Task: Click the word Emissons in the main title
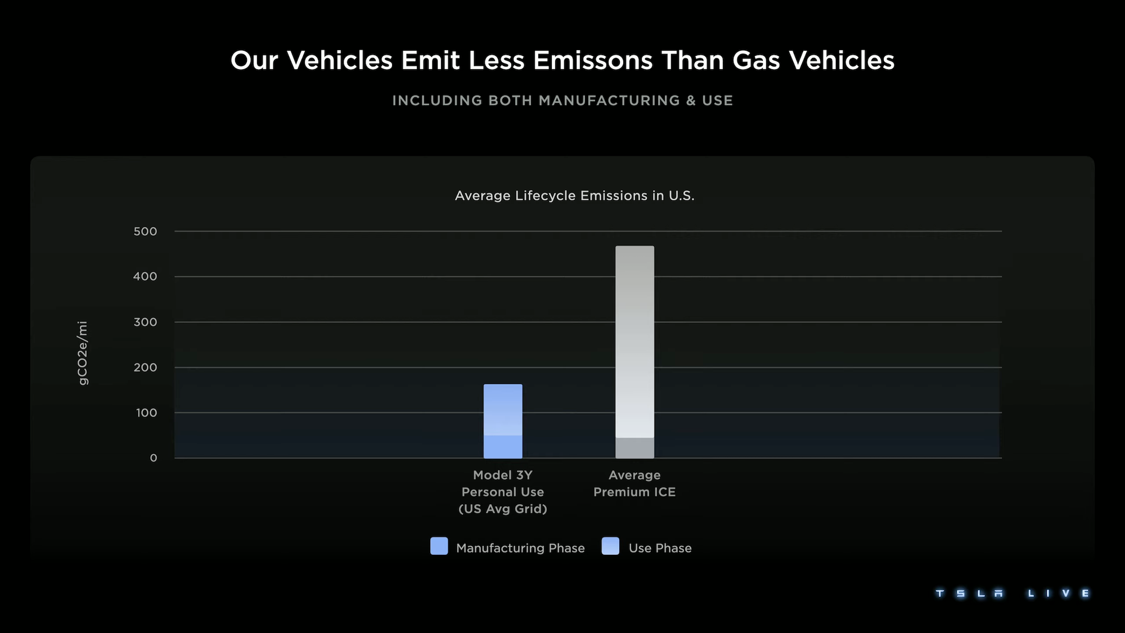593,60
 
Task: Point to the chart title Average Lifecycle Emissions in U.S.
574,196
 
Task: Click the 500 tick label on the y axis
145,231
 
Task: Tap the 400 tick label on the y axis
145,276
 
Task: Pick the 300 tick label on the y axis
145,322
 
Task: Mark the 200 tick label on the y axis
145,367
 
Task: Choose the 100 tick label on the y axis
146,412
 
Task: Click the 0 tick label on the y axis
154,458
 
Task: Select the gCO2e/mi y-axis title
83,353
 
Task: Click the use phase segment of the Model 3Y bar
503,410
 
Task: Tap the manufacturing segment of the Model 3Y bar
503,447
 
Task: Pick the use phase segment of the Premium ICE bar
634,342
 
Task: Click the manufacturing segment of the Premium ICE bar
634,448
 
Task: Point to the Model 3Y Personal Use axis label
503,492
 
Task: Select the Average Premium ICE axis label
634,483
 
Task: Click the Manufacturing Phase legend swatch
439,546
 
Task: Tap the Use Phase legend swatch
610,546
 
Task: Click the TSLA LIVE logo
1012,593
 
